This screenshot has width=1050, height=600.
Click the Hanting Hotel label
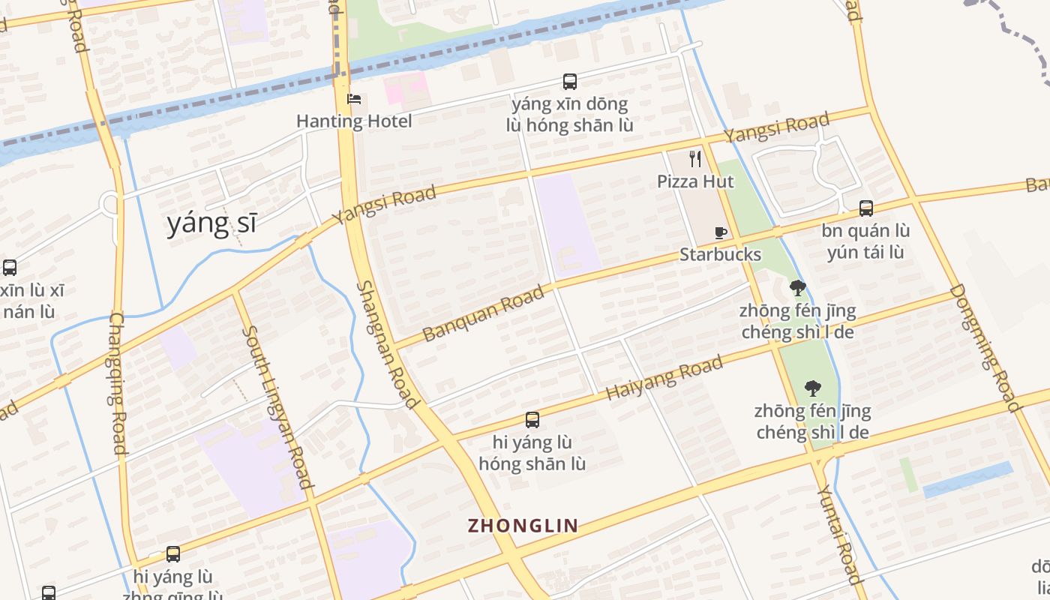354,121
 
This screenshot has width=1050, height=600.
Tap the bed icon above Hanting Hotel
354,99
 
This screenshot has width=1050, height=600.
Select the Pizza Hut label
695,181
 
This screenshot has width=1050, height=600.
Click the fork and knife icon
695,159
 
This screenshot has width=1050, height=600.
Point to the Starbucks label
720,254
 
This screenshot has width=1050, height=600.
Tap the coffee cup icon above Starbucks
720,232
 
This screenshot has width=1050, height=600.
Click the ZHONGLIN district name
523,526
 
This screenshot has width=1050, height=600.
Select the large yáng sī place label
211,223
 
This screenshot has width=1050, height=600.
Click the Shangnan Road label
387,345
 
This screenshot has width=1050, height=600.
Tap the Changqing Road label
118,383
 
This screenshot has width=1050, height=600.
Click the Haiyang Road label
664,378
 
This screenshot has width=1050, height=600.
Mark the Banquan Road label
483,313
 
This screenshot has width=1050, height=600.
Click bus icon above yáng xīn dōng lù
570,82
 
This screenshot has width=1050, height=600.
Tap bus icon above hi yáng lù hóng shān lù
532,420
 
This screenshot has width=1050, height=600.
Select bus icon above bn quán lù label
866,208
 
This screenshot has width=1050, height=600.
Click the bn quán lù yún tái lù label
865,241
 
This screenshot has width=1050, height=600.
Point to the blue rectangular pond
967,480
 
